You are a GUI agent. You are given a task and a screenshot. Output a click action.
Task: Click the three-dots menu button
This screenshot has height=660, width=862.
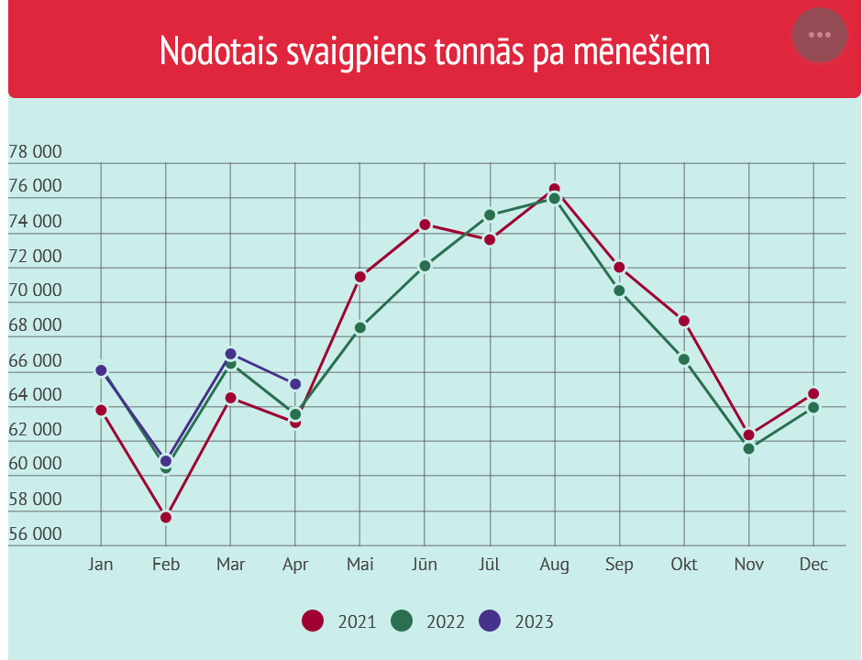tap(820, 36)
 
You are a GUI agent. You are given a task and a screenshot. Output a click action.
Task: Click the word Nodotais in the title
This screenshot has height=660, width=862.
tap(219, 51)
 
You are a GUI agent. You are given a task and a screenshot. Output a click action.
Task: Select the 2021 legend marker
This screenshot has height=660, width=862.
tap(313, 621)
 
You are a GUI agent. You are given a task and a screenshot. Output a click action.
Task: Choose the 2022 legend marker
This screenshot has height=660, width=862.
tap(402, 621)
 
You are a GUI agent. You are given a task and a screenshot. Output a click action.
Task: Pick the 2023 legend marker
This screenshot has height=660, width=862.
tap(491, 621)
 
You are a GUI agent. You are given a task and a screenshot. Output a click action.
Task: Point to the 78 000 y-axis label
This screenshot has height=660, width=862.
tap(35, 152)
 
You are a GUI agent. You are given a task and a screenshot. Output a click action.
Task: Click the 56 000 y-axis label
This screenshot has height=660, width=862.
tap(35, 534)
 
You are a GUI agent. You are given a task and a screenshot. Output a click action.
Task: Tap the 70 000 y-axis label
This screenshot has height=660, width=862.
tap(35, 291)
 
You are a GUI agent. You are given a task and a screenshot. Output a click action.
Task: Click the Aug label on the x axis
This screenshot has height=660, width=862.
tap(554, 565)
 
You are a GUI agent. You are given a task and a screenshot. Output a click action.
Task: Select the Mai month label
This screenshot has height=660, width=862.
tap(359, 565)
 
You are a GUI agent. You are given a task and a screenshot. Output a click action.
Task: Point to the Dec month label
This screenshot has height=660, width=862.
tap(813, 565)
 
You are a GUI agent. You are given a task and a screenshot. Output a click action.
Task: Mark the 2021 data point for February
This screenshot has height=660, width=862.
tap(166, 518)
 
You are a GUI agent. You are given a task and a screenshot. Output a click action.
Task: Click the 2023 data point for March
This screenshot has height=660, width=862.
tap(231, 354)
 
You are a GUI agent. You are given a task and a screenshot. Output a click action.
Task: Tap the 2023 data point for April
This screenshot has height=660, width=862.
tap(295, 384)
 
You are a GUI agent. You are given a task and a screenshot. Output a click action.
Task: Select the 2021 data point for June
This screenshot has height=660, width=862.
tap(425, 225)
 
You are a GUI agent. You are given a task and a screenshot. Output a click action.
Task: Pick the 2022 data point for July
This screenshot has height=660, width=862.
tap(490, 215)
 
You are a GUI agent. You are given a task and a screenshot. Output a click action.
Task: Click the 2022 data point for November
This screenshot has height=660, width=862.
tap(749, 448)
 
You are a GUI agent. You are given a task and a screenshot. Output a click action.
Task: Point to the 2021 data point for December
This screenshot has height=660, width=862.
tap(813, 394)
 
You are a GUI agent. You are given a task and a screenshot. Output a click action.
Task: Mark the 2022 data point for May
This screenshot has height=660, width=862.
tap(360, 327)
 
